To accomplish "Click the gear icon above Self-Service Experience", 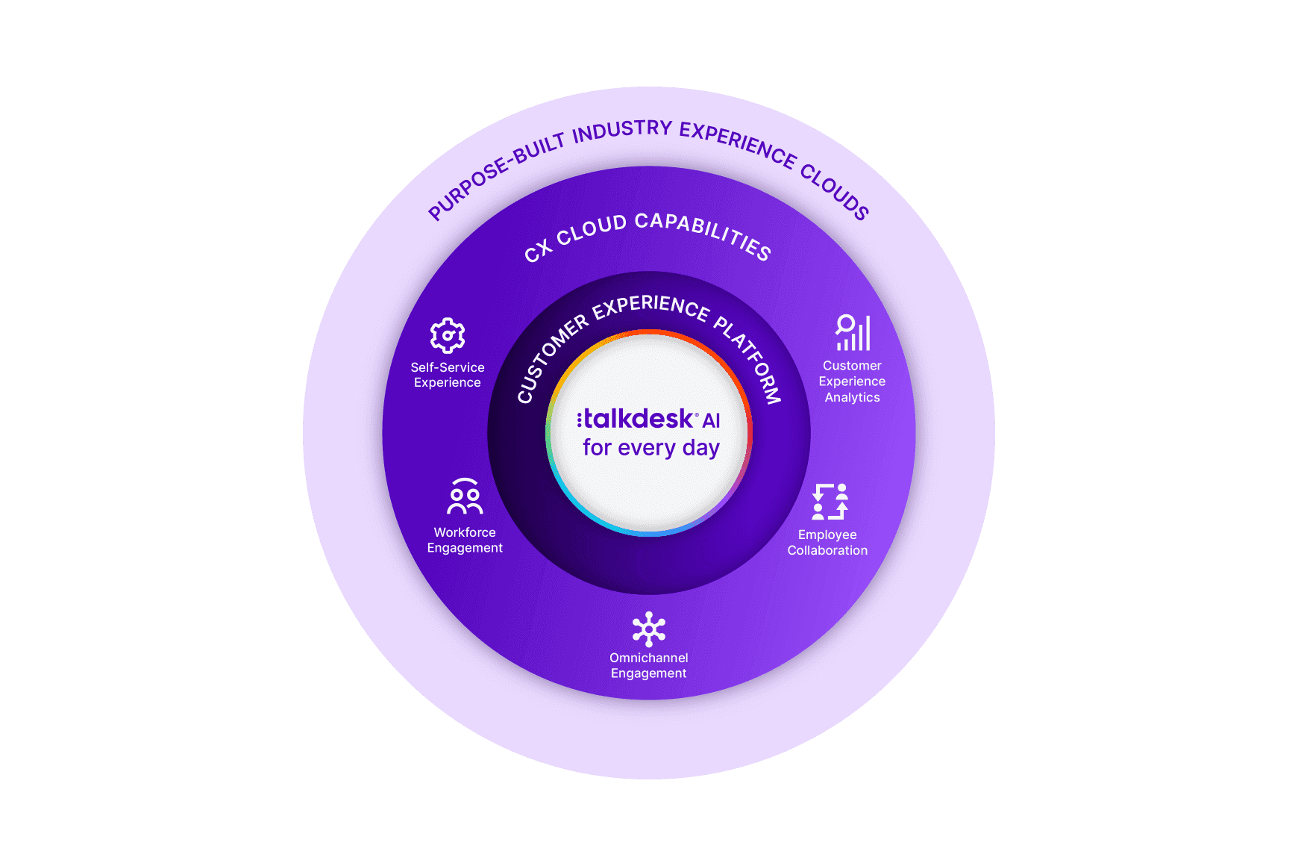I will coord(448,335).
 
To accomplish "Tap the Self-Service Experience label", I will coord(448,375).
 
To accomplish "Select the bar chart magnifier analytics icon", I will coord(853,333).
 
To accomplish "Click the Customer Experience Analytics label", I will coord(852,381).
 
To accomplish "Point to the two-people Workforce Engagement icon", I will coord(465,496).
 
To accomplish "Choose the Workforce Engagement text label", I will coord(465,540).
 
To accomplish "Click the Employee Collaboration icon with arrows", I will coord(830,501).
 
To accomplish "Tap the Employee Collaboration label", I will coord(827,543).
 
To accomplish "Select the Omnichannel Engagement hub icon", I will coord(649,629).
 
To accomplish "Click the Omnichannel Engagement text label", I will coord(649,665).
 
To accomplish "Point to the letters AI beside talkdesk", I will coord(711,421).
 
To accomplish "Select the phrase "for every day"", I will coord(650,448).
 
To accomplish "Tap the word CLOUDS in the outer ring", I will coord(835,192).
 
